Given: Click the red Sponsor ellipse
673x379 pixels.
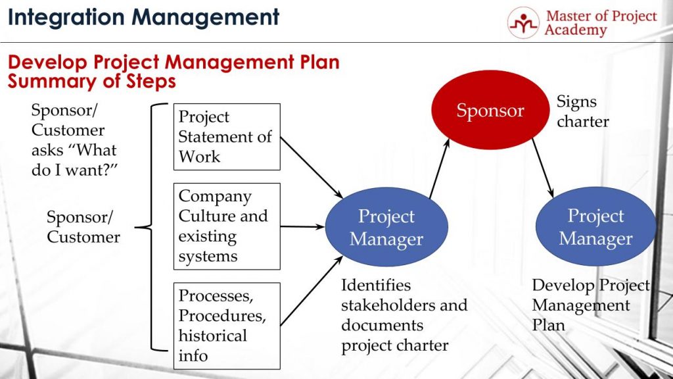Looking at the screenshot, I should pos(490,111).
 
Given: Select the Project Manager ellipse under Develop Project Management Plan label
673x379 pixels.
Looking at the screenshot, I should pos(595,226).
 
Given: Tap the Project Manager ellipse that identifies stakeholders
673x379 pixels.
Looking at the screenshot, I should pos(386,228).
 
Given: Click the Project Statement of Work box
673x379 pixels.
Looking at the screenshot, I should pos(227,137).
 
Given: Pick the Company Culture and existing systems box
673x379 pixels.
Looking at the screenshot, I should pos(227,226).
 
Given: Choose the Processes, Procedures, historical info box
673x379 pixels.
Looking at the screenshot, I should pos(227,326).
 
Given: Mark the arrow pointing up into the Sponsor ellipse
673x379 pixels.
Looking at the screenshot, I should pos(439,168).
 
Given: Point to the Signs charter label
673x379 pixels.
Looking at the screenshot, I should pos(582,111).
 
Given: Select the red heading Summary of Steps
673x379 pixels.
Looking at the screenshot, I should pos(91,82).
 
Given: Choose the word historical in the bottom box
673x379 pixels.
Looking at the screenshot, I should pos(212,336).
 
